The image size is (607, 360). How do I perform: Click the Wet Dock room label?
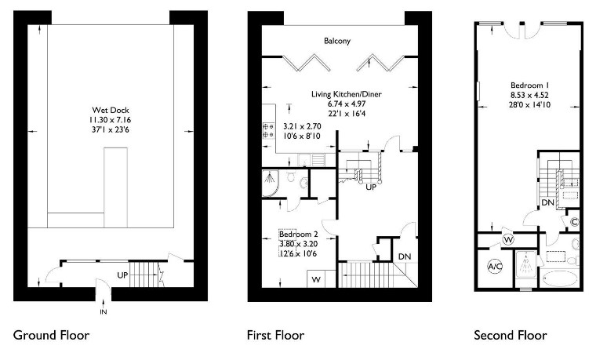coord(111,111)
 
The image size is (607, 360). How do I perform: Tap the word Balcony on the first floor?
coord(337,41)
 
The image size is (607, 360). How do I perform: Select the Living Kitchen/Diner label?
coord(347,94)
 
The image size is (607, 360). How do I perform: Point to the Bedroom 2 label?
coord(299,235)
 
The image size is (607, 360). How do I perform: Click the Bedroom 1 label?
coord(529,85)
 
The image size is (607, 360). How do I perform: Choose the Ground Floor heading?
coord(51,335)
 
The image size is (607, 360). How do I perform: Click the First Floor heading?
coord(275,335)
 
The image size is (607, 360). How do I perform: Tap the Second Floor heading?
coord(511,335)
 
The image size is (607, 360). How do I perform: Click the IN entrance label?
coord(104,311)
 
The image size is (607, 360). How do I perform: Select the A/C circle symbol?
coord(495,267)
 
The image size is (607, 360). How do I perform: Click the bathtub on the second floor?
coord(559,278)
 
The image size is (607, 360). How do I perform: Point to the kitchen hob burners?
coord(269,130)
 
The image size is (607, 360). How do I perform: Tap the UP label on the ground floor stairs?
coord(122,275)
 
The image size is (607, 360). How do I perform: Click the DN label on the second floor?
coord(547,202)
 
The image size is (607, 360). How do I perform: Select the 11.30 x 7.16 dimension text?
coord(111,120)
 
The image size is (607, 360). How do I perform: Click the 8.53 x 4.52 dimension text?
coord(529,95)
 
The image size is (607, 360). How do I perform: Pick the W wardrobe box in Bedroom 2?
coord(316,279)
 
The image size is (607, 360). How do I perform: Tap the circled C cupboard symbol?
coord(575,222)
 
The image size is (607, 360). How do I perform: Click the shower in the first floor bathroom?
coord(271,183)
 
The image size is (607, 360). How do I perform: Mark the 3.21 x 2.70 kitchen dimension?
coord(302,126)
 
